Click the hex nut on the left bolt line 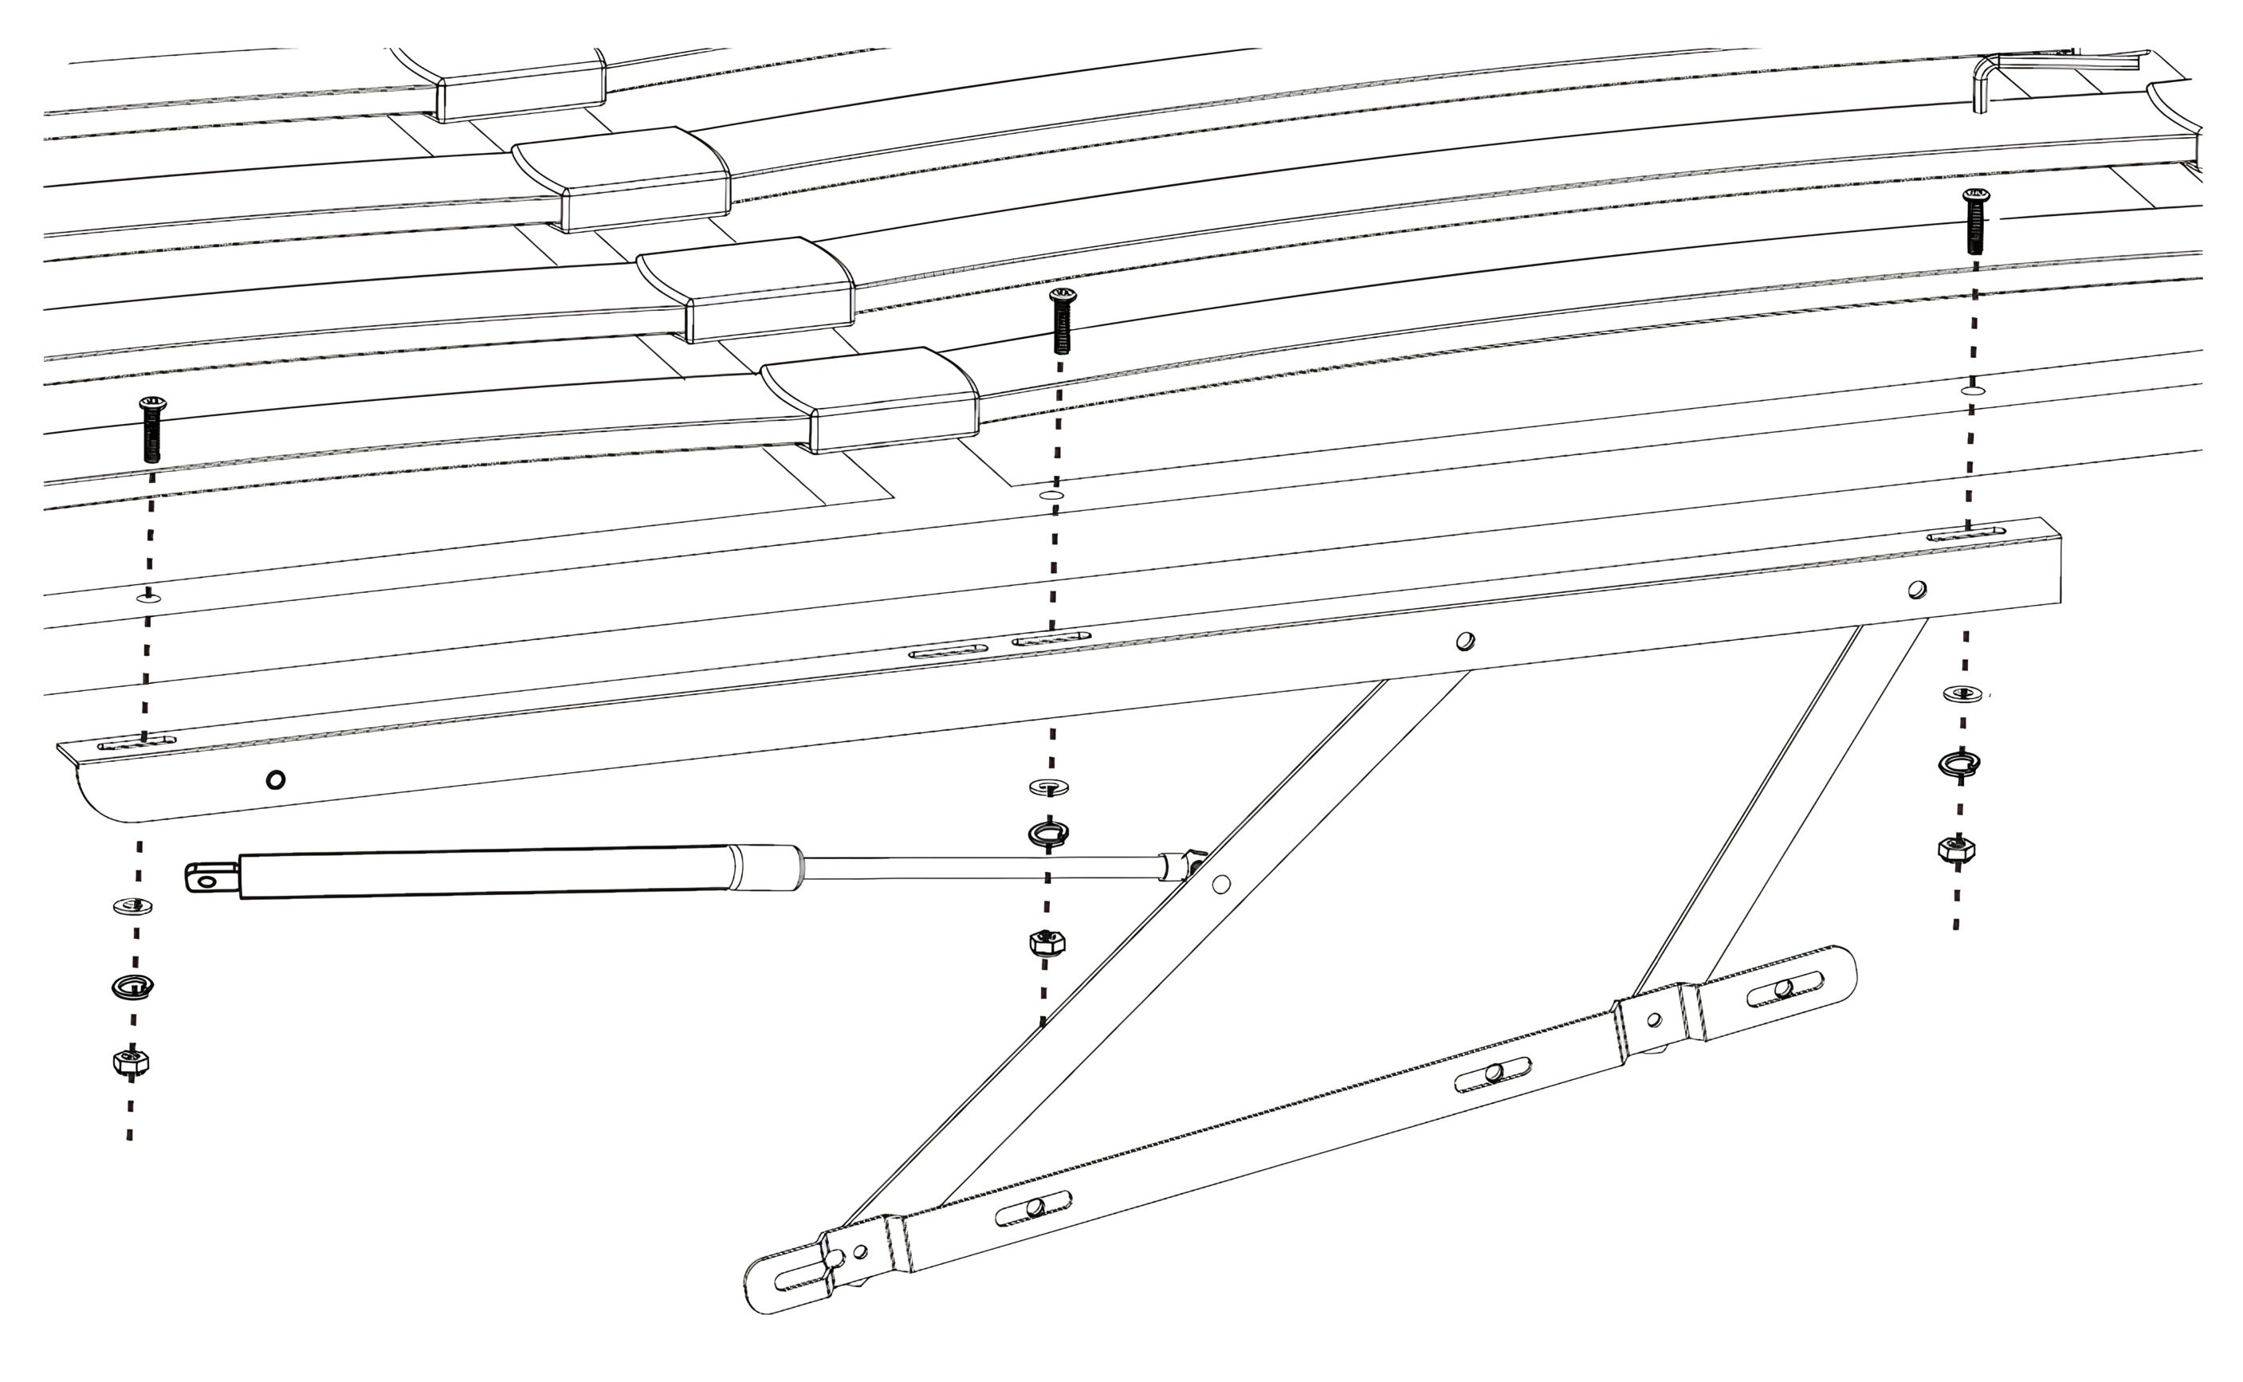[131, 1062]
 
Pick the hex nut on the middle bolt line [1047, 942]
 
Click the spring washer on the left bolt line [132, 986]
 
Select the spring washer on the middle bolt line [1048, 833]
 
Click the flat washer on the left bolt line [133, 907]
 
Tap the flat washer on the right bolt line [1962, 693]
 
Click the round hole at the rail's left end [275, 779]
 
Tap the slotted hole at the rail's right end [1965, 534]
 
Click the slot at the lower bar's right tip [1784, 989]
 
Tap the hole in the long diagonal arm [1221, 884]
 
